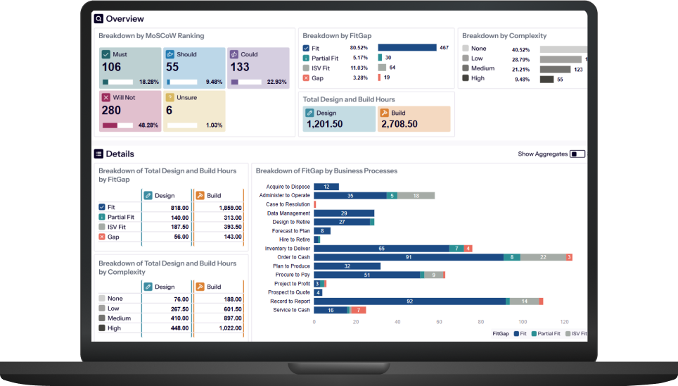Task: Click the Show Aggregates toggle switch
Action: click(577, 154)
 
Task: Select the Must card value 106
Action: click(111, 68)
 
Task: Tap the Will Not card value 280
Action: click(111, 111)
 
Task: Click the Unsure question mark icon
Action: click(169, 97)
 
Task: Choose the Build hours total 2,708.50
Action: click(399, 124)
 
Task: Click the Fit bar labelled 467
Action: click(407, 48)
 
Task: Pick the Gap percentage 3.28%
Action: click(360, 77)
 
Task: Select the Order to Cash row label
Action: click(293, 257)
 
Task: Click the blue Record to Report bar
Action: click(409, 301)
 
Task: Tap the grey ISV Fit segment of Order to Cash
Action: click(542, 257)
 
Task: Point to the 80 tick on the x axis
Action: click(481, 321)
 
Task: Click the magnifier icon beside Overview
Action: click(98, 19)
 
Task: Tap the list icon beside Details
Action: click(98, 154)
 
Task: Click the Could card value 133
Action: click(240, 68)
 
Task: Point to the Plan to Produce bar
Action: click(347, 266)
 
